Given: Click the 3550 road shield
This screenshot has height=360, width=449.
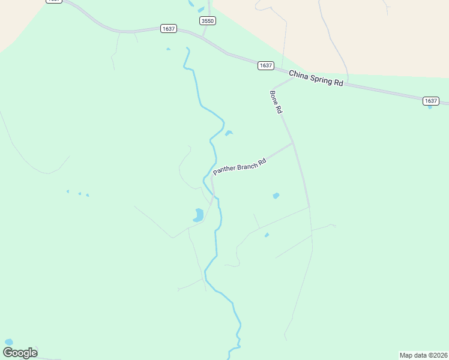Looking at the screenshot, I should coord(208,20).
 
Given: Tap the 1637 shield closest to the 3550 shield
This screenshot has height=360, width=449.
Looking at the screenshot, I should coord(168,29).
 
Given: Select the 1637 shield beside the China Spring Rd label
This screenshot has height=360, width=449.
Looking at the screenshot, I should coord(266,65).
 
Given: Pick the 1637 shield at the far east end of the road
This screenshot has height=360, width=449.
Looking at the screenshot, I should coord(430,101).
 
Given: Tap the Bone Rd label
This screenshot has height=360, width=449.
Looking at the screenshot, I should coord(276,102).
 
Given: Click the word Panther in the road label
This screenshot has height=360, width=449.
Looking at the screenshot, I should coord(225,170).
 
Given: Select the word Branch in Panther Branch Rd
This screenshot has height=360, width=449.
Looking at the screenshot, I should coord(247,164).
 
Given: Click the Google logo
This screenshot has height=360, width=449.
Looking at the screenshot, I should coord(20,352).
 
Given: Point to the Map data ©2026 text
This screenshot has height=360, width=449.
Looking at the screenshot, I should coord(423,355).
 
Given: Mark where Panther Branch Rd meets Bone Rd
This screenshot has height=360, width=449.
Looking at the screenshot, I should coord(293,143).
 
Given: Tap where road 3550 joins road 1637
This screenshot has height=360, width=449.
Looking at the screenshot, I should coord(203,38).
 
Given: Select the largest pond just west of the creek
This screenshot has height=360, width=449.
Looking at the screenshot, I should coord(198,215).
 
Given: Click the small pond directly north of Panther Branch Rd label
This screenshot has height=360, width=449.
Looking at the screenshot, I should coord(229,133).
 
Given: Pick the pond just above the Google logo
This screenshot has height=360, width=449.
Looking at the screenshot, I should coord(8,342).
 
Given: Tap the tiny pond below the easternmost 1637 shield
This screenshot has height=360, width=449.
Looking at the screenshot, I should coord(430,107).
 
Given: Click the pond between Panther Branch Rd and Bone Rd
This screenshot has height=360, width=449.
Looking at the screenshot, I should coord(276,196).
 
